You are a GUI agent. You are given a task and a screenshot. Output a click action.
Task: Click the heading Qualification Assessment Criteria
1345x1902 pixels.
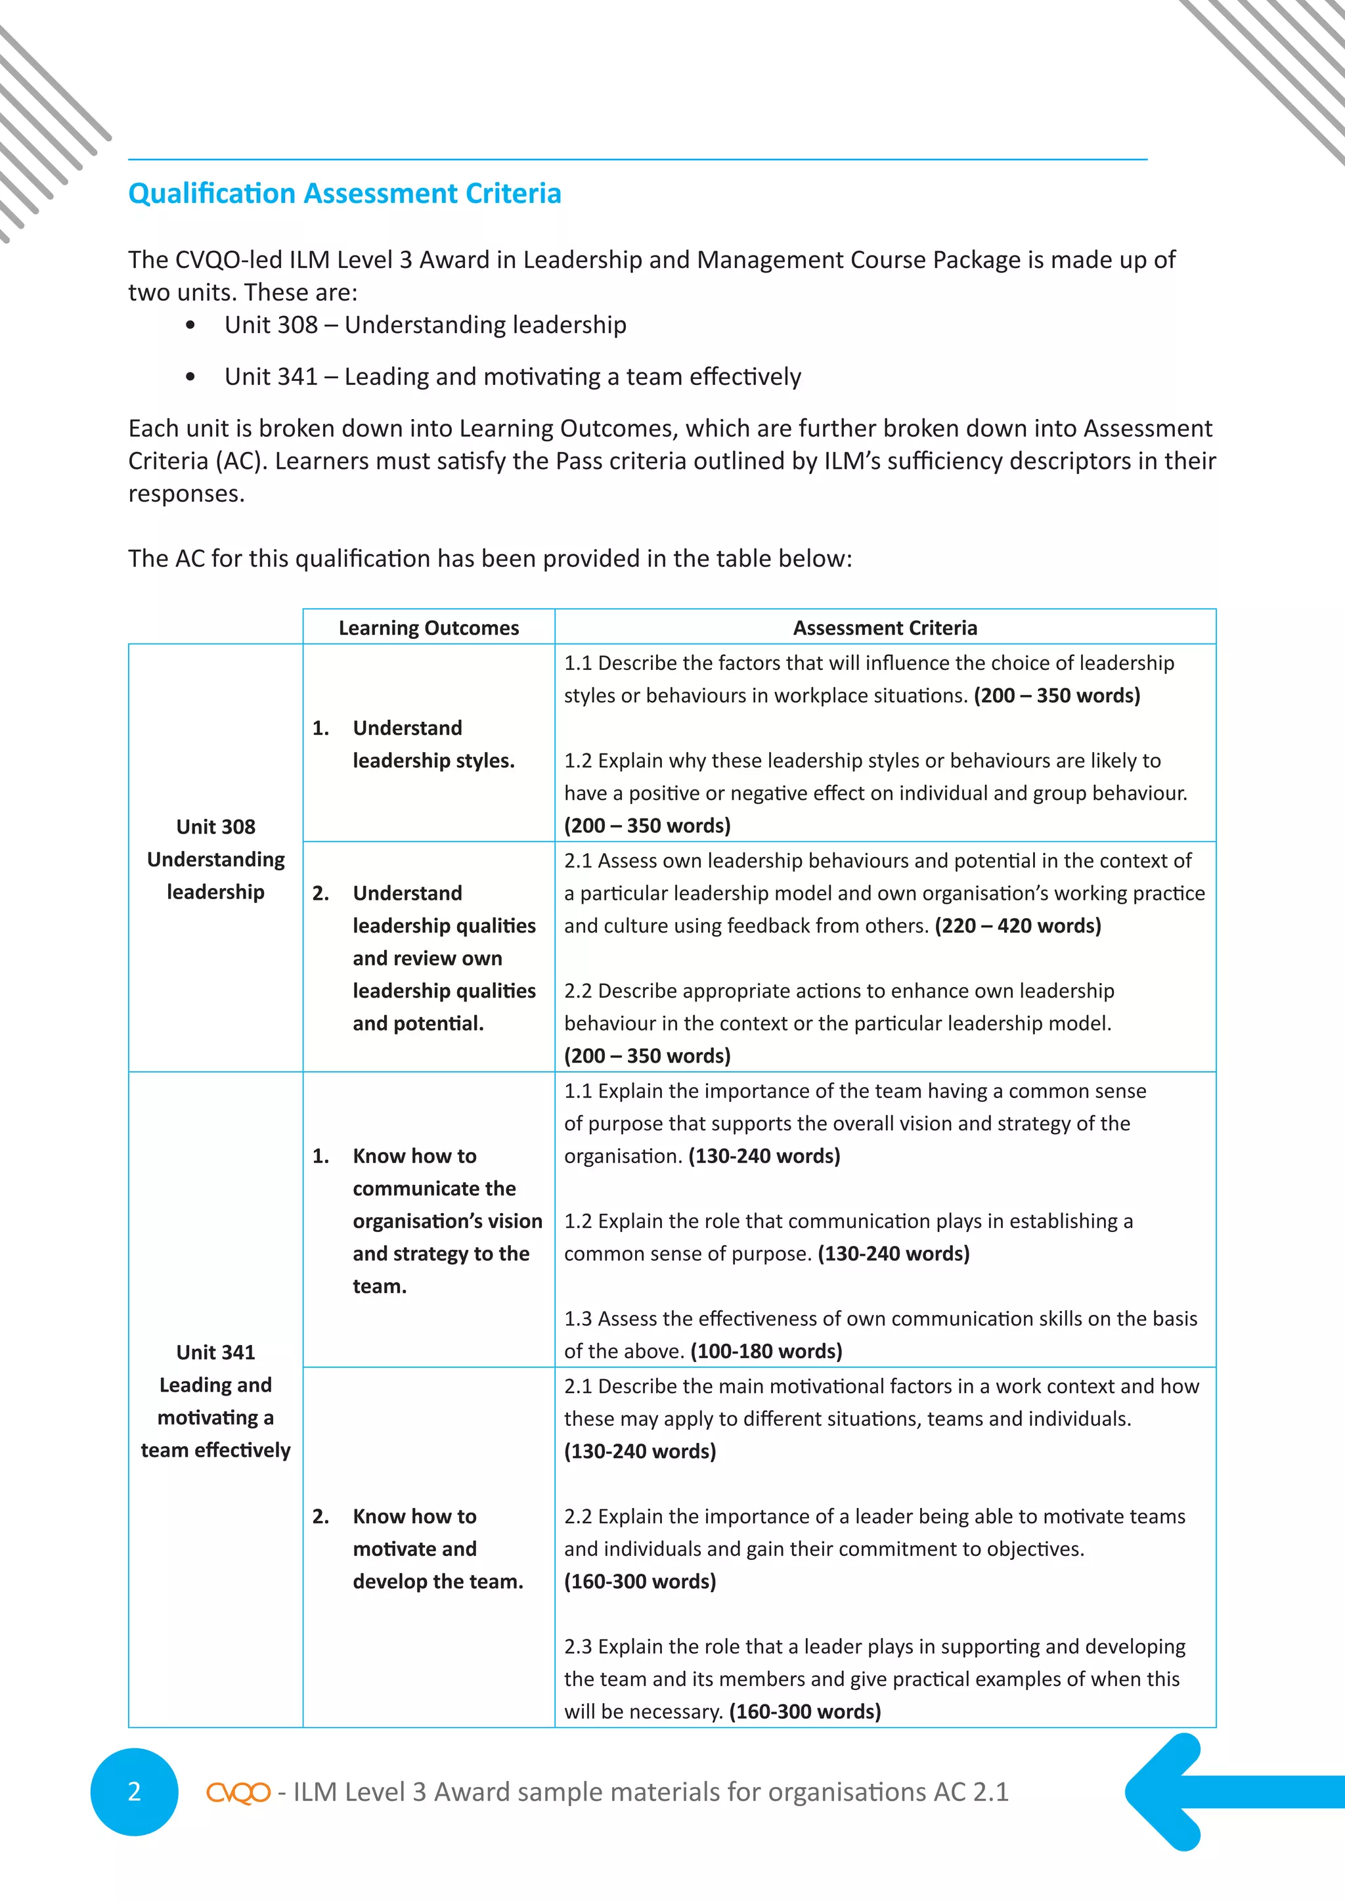click(x=345, y=193)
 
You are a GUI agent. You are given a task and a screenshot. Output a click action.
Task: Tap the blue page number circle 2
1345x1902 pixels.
click(x=134, y=1792)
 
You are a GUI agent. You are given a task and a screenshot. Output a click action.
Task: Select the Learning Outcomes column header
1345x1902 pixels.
click(x=428, y=628)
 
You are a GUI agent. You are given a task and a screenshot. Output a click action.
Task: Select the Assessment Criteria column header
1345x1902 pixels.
click(x=885, y=628)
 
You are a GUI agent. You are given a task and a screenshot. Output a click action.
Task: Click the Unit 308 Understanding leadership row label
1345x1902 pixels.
click(x=215, y=859)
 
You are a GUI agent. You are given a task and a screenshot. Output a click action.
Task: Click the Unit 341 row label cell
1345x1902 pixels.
click(x=215, y=1401)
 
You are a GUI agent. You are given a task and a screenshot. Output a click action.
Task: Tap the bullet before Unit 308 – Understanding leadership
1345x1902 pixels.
click(x=190, y=326)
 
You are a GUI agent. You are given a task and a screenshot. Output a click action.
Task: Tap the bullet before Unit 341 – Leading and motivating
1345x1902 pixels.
click(x=190, y=378)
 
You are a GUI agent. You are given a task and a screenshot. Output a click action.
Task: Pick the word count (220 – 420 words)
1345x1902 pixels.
click(x=1018, y=925)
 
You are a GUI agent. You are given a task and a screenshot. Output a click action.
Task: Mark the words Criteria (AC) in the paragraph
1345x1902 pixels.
click(x=194, y=460)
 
